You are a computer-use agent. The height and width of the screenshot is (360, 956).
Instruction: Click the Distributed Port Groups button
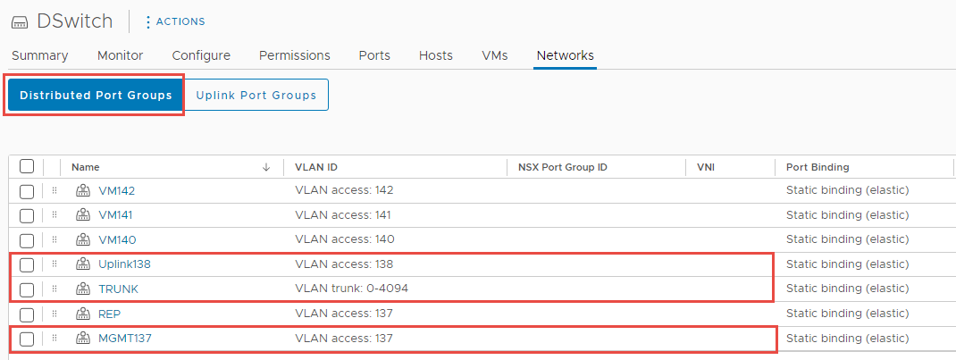(96, 95)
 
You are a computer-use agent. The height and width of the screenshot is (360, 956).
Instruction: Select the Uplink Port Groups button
(256, 95)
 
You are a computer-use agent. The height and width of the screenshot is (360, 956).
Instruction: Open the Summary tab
(39, 55)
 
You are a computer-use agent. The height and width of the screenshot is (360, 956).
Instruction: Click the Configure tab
(201, 55)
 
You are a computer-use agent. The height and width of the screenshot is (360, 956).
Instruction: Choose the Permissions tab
(295, 55)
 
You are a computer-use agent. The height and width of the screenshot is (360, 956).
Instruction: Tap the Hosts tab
(436, 55)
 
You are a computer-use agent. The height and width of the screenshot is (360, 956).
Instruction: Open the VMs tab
(494, 55)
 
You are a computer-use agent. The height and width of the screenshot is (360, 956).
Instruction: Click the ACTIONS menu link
(175, 22)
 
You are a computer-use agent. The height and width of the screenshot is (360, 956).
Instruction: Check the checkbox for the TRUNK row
(27, 289)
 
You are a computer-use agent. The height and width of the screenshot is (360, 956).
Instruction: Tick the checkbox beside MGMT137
(27, 339)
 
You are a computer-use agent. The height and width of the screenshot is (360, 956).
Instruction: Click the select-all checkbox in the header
(27, 166)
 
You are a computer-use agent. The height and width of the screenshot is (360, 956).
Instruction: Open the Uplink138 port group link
(124, 264)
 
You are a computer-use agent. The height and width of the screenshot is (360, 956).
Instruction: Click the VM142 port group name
(116, 190)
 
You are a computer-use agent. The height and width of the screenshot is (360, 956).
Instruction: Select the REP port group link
(110, 314)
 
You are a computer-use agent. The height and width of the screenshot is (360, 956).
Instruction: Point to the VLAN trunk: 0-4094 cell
(351, 289)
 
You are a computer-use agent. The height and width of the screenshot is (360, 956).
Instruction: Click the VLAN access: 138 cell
(344, 264)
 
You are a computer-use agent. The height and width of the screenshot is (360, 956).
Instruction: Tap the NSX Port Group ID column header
(562, 167)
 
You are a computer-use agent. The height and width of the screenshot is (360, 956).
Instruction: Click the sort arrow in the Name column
(266, 167)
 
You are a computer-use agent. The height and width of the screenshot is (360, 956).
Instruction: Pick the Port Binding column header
(818, 167)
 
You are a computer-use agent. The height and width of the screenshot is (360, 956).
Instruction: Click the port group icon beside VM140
(82, 239)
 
